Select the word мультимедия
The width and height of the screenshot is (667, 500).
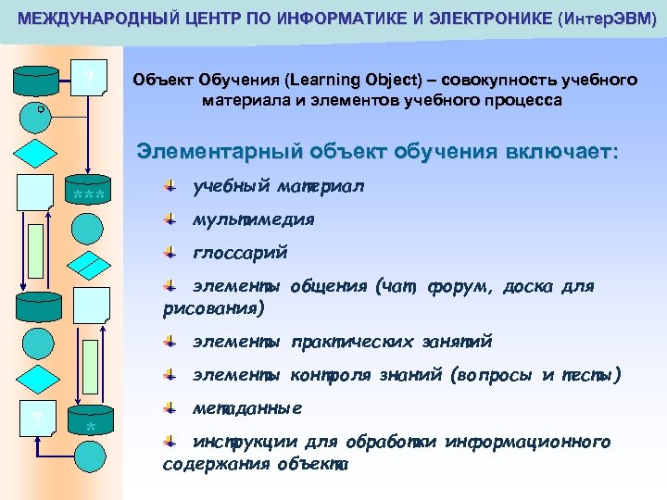254,220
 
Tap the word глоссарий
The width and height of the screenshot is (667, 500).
240,253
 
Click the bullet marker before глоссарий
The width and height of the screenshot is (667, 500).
170,253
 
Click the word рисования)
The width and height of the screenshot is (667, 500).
214,306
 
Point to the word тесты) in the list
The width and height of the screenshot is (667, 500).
593,375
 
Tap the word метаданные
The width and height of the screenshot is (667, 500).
247,408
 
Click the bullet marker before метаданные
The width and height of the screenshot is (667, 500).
170,408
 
